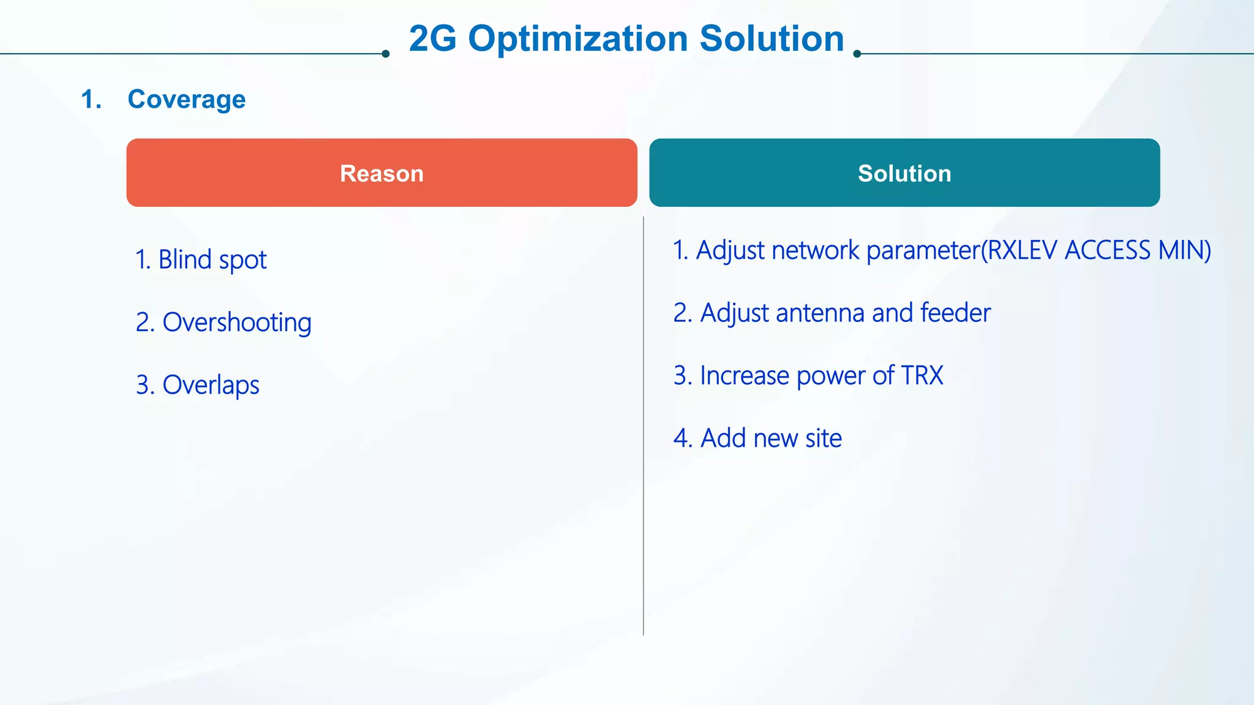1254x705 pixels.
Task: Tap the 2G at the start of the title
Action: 432,39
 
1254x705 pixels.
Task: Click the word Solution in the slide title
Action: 772,39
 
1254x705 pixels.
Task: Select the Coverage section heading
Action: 186,99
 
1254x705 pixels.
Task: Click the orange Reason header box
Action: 381,173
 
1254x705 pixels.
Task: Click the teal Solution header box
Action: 904,173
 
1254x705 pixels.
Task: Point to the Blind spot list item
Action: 201,259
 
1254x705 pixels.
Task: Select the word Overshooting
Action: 237,323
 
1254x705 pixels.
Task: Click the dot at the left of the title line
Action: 385,54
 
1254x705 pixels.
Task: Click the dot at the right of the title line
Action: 857,54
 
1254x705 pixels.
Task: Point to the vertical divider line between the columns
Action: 644,428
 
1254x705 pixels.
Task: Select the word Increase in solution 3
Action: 744,375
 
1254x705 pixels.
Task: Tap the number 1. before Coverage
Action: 91,99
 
